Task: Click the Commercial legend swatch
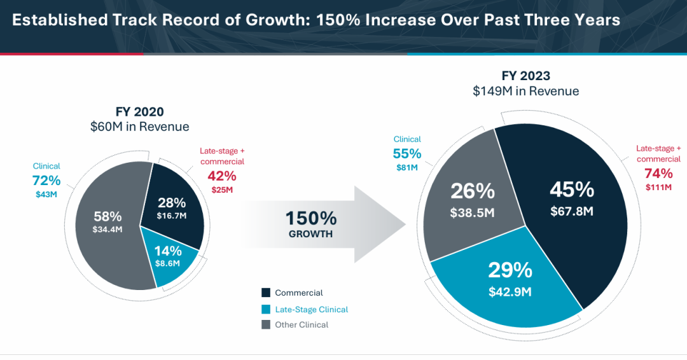266,293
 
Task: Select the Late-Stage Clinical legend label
311,309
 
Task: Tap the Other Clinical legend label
302,325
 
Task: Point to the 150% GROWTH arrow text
311,224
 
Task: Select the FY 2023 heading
525,75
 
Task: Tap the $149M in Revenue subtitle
525,91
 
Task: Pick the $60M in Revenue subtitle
139,127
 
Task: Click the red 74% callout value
658,174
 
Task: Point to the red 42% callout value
222,176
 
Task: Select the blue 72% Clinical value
46,180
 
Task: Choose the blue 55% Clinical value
407,153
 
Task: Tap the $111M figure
658,188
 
